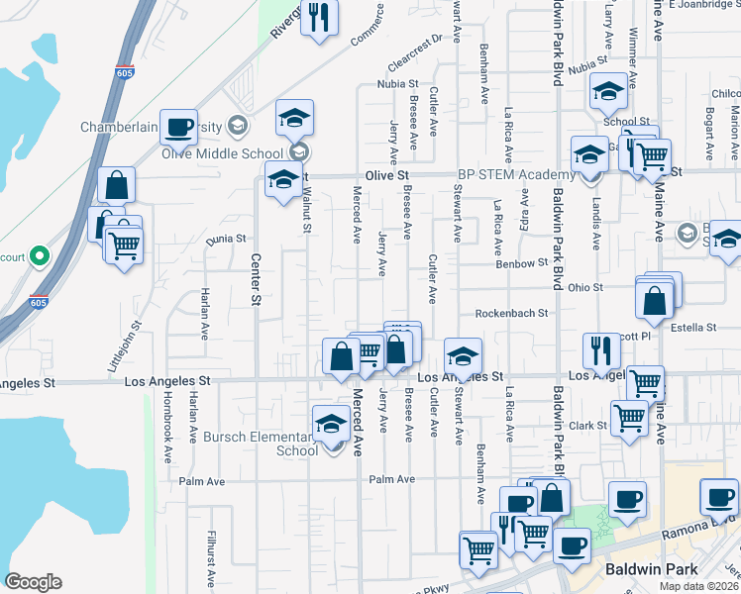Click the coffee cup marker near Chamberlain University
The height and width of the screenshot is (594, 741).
(x=178, y=128)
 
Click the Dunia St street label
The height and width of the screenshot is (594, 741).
(x=225, y=239)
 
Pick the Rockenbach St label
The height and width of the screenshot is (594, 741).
(x=511, y=313)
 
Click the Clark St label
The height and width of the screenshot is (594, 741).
(x=587, y=426)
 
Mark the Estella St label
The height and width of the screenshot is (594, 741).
(x=692, y=327)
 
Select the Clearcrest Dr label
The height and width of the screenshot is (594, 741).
(x=416, y=49)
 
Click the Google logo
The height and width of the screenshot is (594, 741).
(x=33, y=582)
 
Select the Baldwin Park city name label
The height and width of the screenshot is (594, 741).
(x=652, y=569)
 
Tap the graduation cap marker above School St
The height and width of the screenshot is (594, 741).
(x=608, y=94)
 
